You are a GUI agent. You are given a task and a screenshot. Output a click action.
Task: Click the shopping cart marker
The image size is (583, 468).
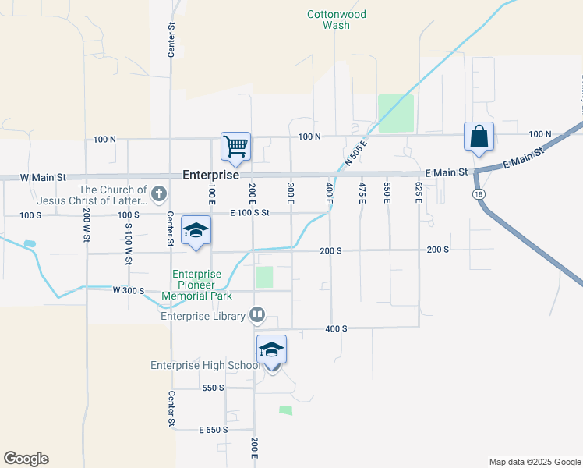(x=235, y=146)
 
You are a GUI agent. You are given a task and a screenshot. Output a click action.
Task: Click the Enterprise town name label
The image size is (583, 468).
(x=210, y=175)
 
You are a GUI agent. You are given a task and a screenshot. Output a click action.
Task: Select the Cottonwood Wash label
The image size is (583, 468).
(x=337, y=19)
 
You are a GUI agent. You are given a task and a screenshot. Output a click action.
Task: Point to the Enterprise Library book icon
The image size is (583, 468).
(x=257, y=316)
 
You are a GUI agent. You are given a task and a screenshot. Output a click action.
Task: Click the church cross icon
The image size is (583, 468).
(x=158, y=193)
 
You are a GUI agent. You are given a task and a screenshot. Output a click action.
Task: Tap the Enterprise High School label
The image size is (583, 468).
(x=206, y=365)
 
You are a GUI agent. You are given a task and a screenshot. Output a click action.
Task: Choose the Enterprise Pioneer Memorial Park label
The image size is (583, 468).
(x=197, y=285)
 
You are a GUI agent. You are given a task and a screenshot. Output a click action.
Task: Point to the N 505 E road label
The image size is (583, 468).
(x=355, y=151)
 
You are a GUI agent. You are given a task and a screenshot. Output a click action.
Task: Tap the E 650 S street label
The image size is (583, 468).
(x=213, y=430)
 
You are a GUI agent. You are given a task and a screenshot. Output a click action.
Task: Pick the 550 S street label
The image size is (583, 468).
(x=213, y=388)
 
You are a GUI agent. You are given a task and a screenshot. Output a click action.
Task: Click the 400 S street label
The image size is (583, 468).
(x=336, y=329)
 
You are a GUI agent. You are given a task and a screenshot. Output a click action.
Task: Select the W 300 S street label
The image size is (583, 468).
(x=129, y=290)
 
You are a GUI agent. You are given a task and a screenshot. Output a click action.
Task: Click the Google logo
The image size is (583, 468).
(x=26, y=459)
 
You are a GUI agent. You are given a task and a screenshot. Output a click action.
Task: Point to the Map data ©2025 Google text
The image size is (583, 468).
(x=534, y=462)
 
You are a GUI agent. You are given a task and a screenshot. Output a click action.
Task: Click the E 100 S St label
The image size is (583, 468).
(x=249, y=212)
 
